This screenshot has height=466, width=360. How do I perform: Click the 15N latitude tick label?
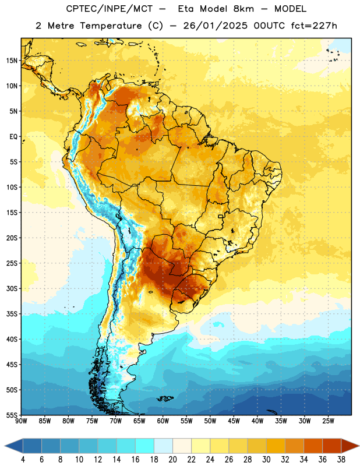point(12,61)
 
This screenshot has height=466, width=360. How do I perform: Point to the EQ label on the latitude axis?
point(13,137)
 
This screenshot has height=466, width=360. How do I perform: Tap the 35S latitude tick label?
point(12,314)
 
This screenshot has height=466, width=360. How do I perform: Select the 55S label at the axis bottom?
point(12,415)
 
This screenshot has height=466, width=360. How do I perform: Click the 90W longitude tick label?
point(22,421)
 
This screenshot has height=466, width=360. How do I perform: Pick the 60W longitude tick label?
point(163,421)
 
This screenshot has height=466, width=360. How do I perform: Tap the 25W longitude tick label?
point(328,421)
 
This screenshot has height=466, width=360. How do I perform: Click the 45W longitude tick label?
point(234,421)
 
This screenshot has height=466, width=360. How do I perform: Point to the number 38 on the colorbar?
point(341,460)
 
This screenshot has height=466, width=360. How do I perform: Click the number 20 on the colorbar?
point(172,460)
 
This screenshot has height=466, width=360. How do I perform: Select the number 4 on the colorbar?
point(23,460)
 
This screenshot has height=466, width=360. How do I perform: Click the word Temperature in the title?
point(111,26)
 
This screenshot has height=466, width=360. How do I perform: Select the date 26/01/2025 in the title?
point(215,26)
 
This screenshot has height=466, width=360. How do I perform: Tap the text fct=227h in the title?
point(314,26)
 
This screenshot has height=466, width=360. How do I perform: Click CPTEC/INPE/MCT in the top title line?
point(109,9)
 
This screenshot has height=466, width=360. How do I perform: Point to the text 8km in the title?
point(243,9)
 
